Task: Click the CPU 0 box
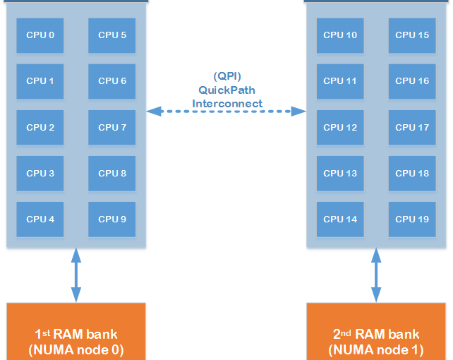click(x=40, y=35)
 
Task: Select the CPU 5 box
click(x=112, y=35)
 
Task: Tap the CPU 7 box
click(x=112, y=128)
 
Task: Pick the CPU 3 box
click(x=40, y=174)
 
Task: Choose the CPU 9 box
click(x=112, y=220)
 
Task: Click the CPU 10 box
click(x=340, y=35)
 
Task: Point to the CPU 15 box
click(x=412, y=35)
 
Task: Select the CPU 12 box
click(x=340, y=128)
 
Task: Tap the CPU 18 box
click(x=412, y=174)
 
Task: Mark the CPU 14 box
click(x=340, y=220)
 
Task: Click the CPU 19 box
click(x=412, y=220)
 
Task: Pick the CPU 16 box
click(x=412, y=81)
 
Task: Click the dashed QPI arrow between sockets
click(x=226, y=111)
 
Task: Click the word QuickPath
click(x=226, y=90)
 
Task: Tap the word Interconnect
click(x=226, y=103)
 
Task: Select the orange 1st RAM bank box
click(x=76, y=332)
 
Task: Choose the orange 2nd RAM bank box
click(x=376, y=332)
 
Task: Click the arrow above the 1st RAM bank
click(x=76, y=275)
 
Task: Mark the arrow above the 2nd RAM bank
click(x=376, y=275)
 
